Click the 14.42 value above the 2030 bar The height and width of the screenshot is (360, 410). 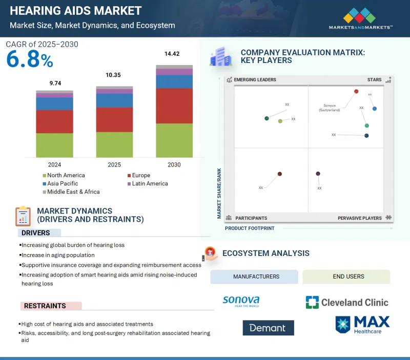pyautogui.click(x=174, y=53)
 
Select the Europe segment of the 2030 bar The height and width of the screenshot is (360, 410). pyautogui.click(x=174, y=106)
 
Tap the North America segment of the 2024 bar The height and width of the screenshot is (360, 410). pyautogui.click(x=54, y=145)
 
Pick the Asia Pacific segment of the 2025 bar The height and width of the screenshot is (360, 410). pyautogui.click(x=114, y=100)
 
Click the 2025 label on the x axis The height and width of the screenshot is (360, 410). pyautogui.click(x=114, y=165)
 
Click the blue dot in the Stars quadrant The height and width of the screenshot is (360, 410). pyautogui.click(x=375, y=109)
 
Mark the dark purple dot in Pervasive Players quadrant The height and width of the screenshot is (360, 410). pyautogui.click(x=318, y=174)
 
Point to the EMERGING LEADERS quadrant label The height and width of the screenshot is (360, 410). pyautogui.click(x=255, y=80)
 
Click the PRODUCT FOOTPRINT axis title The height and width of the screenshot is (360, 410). pyautogui.click(x=250, y=228)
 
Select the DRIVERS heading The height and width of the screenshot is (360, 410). pyautogui.click(x=35, y=233)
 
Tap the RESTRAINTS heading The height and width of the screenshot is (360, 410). pyautogui.click(x=45, y=306)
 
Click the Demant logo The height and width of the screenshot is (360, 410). pyautogui.click(x=268, y=328)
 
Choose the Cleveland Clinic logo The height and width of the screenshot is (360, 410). pyautogui.click(x=347, y=302)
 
